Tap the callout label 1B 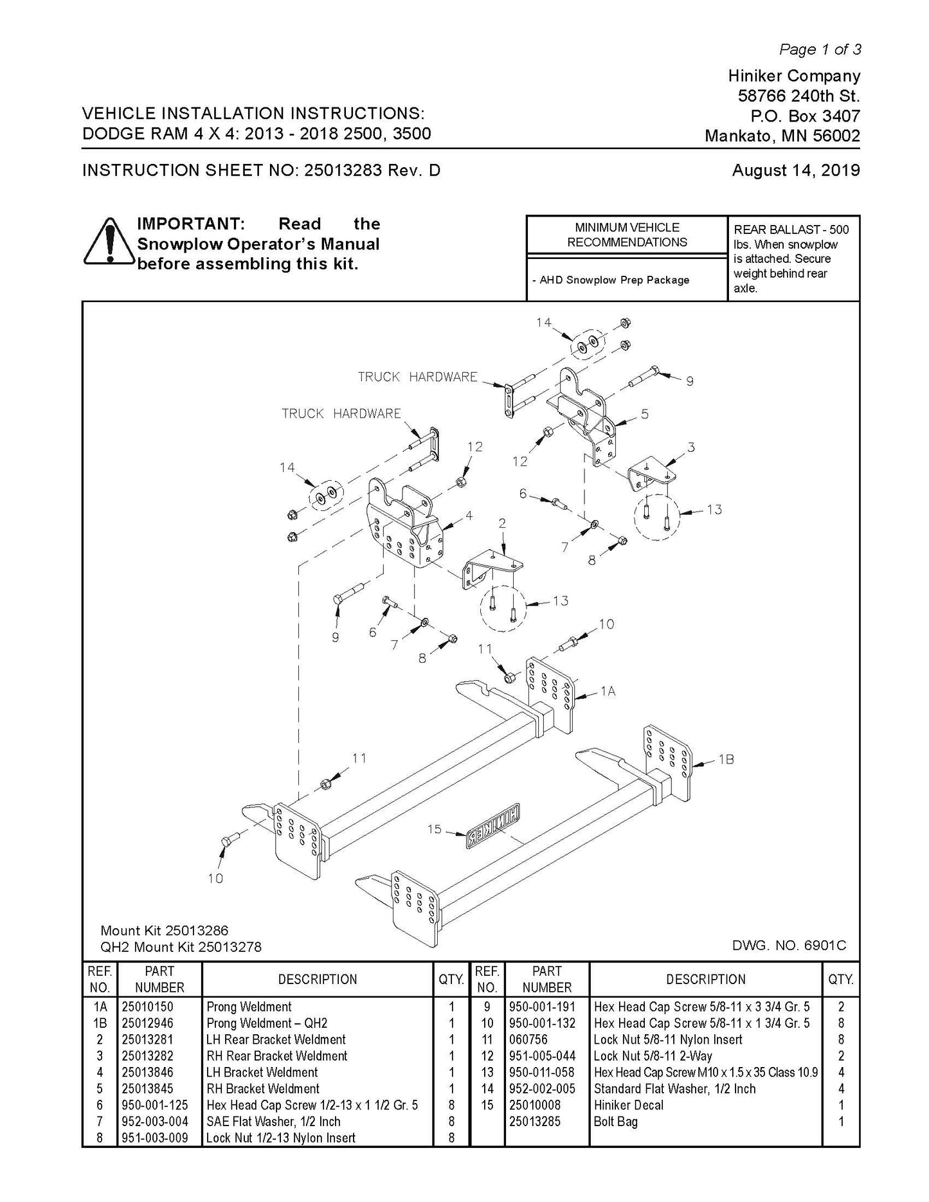[x=726, y=759]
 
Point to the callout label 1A [x=608, y=691]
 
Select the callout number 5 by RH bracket [x=644, y=414]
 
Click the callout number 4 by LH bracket [x=469, y=515]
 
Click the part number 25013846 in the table [x=148, y=1072]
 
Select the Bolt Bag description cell [x=615, y=1122]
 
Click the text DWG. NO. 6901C [x=789, y=946]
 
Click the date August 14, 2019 [x=795, y=170]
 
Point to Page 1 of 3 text [x=820, y=49]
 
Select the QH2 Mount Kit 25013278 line [x=181, y=947]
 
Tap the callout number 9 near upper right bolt [x=689, y=381]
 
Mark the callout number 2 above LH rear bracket [x=501, y=524]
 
